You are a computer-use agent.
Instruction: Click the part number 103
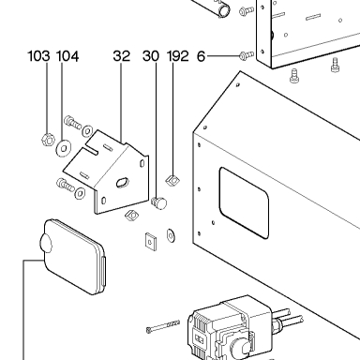click(x=38, y=56)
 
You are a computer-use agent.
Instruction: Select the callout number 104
click(x=67, y=56)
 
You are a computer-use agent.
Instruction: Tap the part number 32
click(x=122, y=56)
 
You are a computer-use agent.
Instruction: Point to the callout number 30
click(x=151, y=56)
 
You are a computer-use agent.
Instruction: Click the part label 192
click(x=178, y=56)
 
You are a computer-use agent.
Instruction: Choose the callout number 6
click(x=202, y=56)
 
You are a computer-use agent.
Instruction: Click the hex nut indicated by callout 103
click(x=48, y=139)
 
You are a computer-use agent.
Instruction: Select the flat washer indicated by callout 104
click(x=64, y=148)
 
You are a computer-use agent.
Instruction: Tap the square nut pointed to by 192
click(x=172, y=180)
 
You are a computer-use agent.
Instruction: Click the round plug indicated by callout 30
click(x=159, y=202)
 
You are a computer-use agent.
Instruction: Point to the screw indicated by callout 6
click(x=247, y=55)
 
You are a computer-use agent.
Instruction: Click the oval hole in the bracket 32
click(x=122, y=182)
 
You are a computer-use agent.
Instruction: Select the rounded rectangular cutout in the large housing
click(x=244, y=202)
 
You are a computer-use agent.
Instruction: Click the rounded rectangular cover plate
click(x=74, y=257)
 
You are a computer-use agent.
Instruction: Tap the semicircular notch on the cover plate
click(x=46, y=243)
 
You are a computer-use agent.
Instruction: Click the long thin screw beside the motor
click(x=163, y=326)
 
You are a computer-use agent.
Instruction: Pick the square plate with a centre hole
click(x=151, y=242)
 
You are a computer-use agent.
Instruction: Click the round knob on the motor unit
click(x=239, y=348)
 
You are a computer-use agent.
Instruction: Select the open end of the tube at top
click(x=224, y=11)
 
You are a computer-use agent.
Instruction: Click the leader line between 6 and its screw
click(x=223, y=56)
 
